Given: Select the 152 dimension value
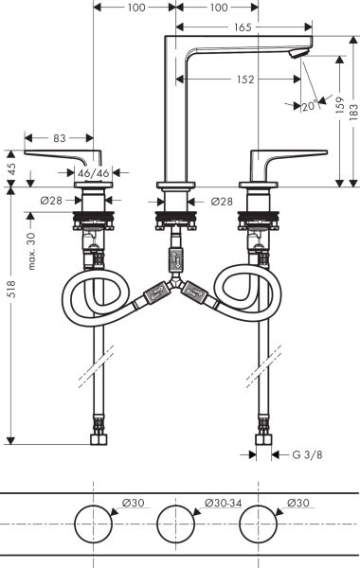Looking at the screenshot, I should (x=245, y=80).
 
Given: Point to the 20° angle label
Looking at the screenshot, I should (x=310, y=106).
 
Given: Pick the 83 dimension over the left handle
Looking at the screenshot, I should (x=60, y=138).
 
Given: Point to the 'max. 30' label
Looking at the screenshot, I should (x=31, y=249).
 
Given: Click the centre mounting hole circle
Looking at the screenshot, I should (x=177, y=524).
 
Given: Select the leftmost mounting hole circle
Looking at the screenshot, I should (x=93, y=524).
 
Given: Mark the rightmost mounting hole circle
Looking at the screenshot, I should (x=260, y=524).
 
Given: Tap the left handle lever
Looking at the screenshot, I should (x=66, y=155).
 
